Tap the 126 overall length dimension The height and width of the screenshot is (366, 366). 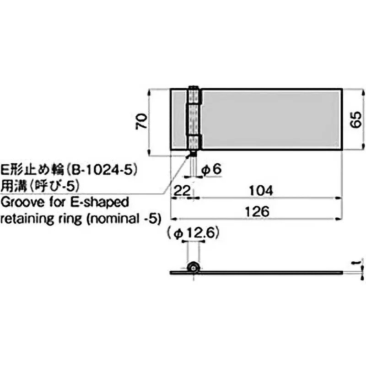click(x=258, y=211)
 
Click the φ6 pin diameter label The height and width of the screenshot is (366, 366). click(x=211, y=169)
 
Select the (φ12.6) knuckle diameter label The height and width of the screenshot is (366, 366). click(x=194, y=234)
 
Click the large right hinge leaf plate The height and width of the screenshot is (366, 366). click(x=272, y=118)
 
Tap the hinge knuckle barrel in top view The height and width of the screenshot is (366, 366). click(x=194, y=118)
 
